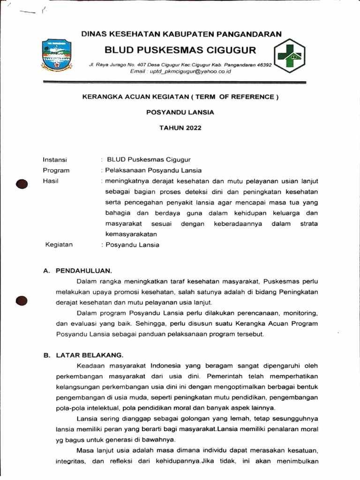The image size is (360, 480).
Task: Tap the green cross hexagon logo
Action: click(290, 56)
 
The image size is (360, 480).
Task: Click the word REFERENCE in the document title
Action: click(253, 97)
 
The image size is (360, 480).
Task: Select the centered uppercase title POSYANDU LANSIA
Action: click(180, 112)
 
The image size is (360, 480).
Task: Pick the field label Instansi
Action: click(55, 159)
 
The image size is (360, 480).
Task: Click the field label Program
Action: click(56, 170)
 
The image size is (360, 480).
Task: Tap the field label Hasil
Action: click(50, 181)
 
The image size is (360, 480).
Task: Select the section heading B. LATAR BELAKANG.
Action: click(83, 355)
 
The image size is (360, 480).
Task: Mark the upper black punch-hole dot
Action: click(22, 185)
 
